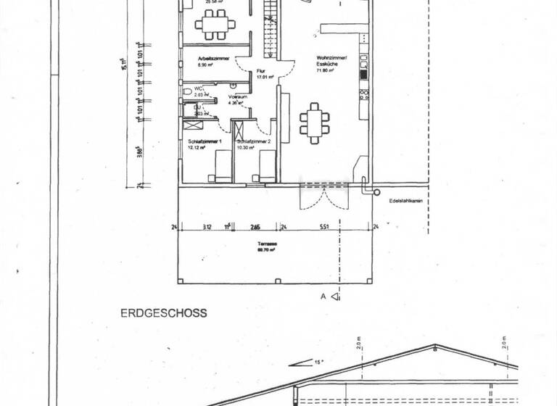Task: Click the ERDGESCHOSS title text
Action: (164, 313)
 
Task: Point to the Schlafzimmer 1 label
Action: (204, 141)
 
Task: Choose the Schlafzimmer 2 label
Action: (252, 141)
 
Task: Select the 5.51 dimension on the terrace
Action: (324, 227)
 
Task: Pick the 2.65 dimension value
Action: (255, 227)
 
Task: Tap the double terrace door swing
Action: (325, 197)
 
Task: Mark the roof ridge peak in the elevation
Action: (435, 345)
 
